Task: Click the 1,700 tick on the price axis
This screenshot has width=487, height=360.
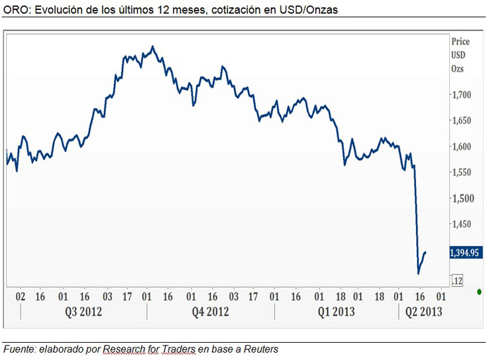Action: (x=461, y=95)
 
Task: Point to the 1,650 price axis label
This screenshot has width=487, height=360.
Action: (x=461, y=121)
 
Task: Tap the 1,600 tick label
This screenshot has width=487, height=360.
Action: (x=461, y=147)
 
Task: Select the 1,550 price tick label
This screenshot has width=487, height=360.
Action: (x=461, y=172)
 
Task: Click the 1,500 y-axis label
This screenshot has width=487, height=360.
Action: (x=461, y=198)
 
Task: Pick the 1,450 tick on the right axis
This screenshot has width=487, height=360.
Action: (x=461, y=224)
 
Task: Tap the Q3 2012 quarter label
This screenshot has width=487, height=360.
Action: (x=83, y=312)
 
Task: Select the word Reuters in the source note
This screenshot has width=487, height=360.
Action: (x=260, y=349)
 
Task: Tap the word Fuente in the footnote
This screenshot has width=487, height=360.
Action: (x=19, y=349)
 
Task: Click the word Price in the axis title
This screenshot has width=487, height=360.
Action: (x=460, y=41)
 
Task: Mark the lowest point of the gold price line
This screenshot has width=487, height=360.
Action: (x=418, y=273)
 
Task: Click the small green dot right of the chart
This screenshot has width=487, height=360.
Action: (x=479, y=291)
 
